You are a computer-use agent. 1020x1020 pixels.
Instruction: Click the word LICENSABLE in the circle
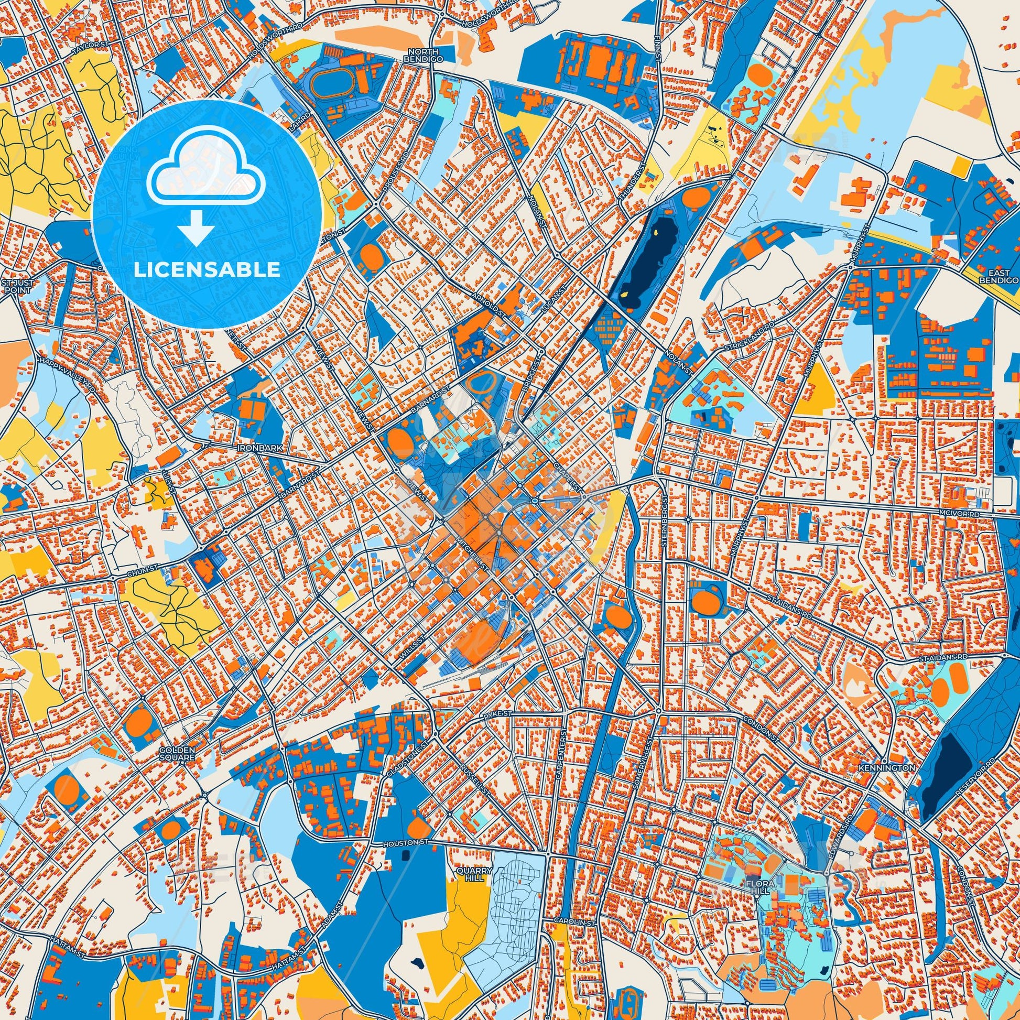(x=207, y=270)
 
